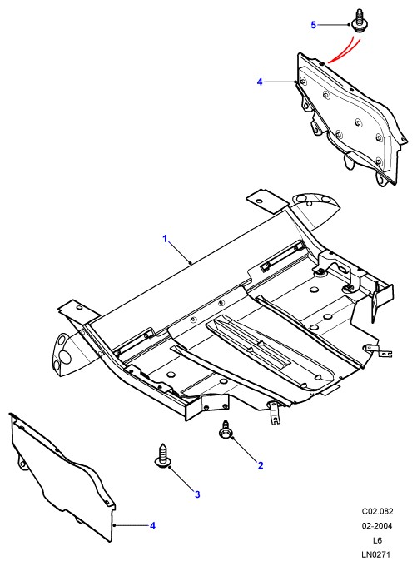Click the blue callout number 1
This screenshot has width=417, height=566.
pos(165,239)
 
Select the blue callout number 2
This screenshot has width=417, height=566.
pos(261,465)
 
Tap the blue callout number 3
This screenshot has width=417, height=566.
pos(197,494)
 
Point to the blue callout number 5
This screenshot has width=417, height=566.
pos(314,25)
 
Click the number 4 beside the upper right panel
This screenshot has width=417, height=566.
pos(260,82)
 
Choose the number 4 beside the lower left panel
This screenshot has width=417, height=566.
pos(152,525)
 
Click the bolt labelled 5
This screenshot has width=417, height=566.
pos(357,21)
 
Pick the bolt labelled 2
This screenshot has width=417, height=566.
pos(226,429)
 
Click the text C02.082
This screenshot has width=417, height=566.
pos(377,511)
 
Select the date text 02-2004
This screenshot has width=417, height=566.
pos(377,525)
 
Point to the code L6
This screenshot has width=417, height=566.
pos(377,540)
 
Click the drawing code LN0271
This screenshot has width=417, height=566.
pos(376,554)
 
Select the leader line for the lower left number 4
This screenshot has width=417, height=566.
pos(132,525)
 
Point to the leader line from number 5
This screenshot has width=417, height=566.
pos(334,25)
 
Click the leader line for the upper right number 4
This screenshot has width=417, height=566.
pos(280,82)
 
